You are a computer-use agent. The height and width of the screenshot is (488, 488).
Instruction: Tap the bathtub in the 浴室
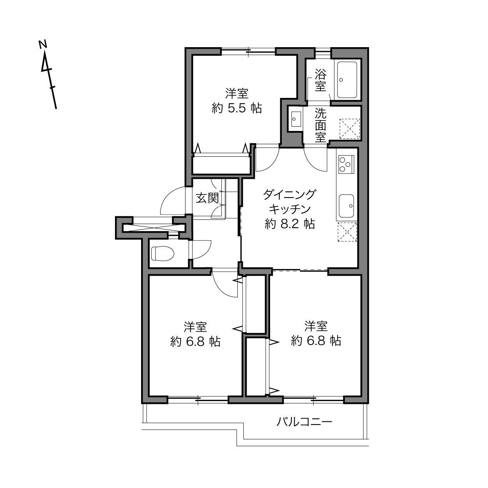(347, 80)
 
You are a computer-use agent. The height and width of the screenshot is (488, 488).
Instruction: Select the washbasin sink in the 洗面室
(296, 119)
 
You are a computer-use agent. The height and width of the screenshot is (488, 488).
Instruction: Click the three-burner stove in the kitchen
(346, 164)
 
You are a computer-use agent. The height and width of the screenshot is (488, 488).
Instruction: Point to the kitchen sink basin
(346, 206)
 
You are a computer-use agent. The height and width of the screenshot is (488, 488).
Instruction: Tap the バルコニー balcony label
(304, 422)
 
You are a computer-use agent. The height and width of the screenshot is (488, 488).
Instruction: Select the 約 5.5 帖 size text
(237, 109)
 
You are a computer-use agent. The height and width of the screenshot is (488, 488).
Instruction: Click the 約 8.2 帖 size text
(290, 224)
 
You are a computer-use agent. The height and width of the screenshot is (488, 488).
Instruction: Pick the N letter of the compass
(43, 44)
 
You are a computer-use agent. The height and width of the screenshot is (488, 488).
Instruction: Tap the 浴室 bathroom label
(320, 80)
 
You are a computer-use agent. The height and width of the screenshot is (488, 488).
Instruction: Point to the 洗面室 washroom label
(320, 125)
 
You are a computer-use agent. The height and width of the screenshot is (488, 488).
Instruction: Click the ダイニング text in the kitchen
(290, 194)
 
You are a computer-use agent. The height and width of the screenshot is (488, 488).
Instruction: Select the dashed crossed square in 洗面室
(350, 129)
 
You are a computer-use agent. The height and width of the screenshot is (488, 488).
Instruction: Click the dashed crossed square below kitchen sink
(347, 232)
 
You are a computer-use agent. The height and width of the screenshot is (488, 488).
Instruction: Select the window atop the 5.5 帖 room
(248, 51)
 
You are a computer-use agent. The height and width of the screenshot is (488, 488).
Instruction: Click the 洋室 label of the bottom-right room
(316, 326)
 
